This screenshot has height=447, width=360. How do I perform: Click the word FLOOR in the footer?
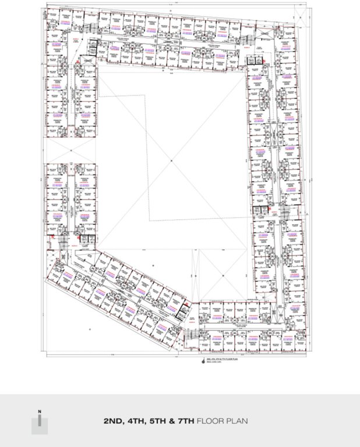click(x=211, y=420)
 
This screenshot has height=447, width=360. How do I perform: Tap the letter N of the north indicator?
click(x=40, y=412)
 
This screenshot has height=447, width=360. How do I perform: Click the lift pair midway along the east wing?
click(x=261, y=212)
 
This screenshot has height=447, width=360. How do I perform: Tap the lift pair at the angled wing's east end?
click(x=182, y=315)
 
